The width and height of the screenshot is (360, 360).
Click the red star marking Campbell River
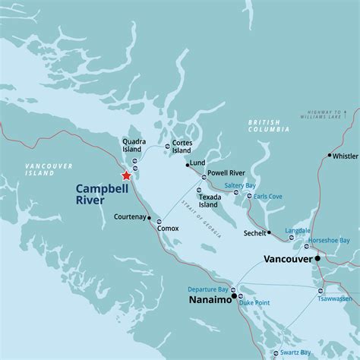[x=127, y=175]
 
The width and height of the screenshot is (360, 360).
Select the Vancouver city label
[x=288, y=259]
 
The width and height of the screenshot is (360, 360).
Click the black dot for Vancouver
[x=317, y=259]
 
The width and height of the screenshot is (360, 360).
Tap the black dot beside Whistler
[x=330, y=156]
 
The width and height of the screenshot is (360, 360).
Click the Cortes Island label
[x=182, y=146]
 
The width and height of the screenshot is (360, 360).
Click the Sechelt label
[x=254, y=234]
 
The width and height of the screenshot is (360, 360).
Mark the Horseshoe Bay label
[x=334, y=240]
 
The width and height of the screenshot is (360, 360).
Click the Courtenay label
[x=129, y=217]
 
